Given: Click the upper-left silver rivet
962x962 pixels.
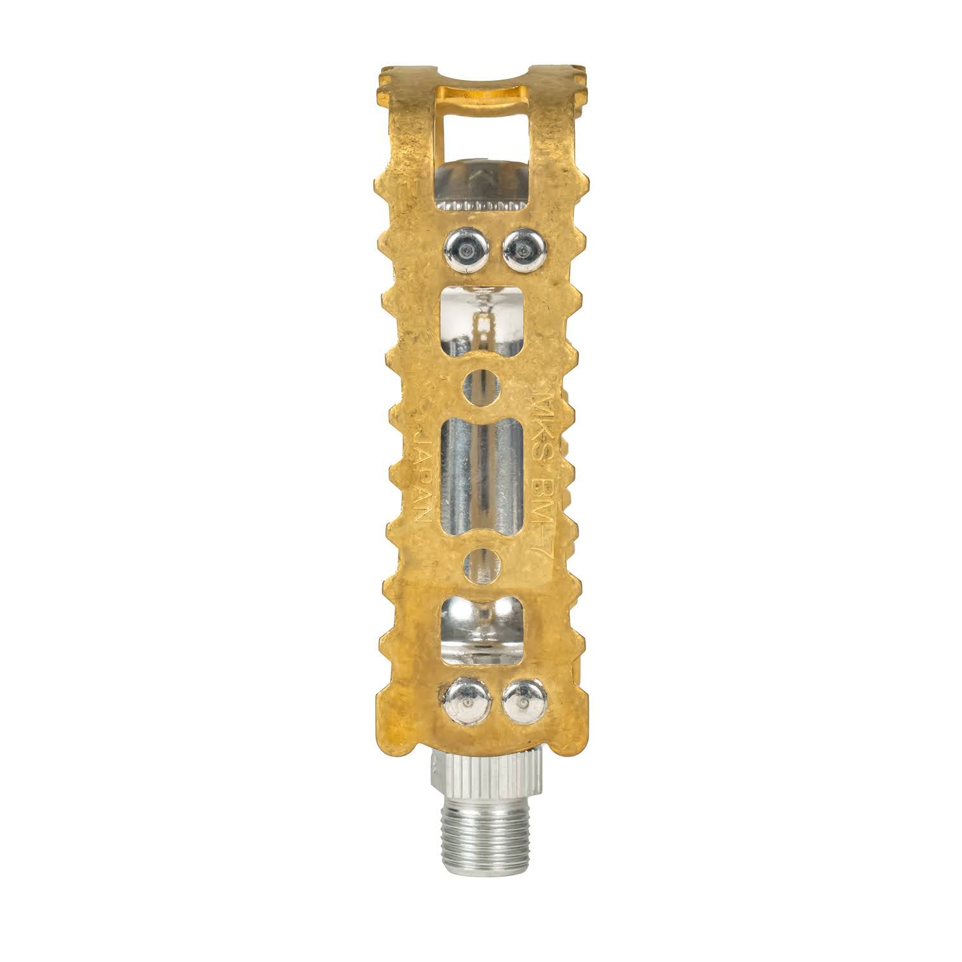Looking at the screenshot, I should tap(463, 248).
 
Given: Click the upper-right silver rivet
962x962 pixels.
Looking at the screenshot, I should tap(523, 247).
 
